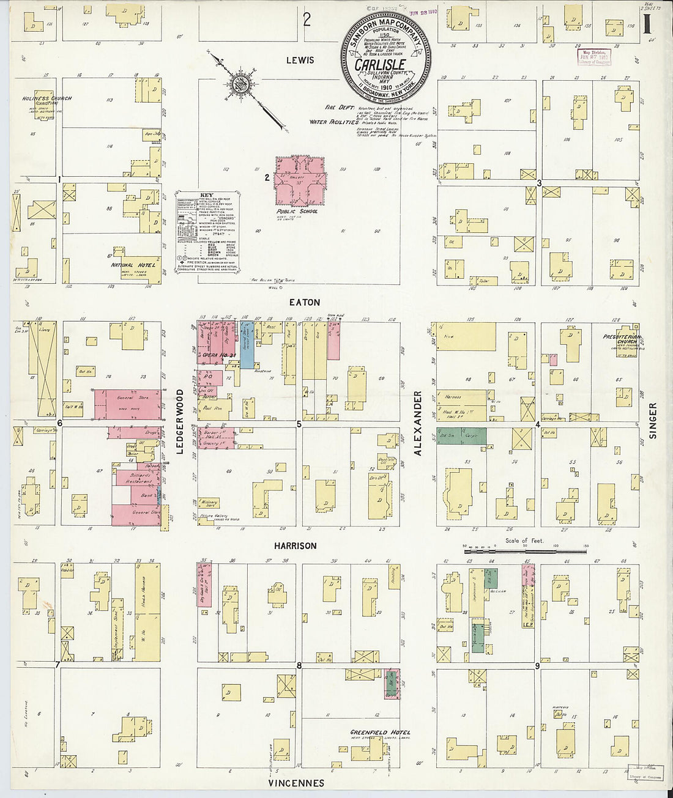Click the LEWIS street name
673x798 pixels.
300,60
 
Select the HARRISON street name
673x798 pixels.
295,545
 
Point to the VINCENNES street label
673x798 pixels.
296,783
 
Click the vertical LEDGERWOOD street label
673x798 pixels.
180,421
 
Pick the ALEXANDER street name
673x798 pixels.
418,424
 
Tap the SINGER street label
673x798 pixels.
652,421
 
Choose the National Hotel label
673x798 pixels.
133,265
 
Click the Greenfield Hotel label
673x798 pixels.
380,732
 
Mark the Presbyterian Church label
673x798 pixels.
620,338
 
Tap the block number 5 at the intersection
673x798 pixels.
299,423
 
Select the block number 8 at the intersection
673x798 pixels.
299,665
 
